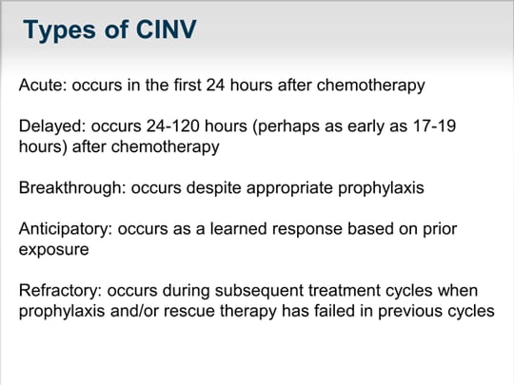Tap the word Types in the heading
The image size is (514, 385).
(61, 31)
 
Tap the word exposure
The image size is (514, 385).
(53, 249)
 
